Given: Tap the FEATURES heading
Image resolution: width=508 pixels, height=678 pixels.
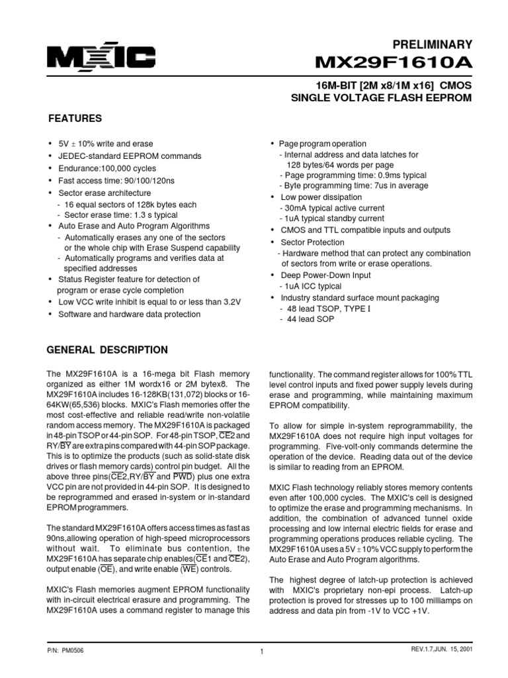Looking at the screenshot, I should [x=75, y=119].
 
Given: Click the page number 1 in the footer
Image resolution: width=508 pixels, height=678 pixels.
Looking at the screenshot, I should [x=263, y=652].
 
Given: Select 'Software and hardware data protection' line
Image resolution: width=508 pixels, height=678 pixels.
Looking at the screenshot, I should [x=129, y=314].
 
